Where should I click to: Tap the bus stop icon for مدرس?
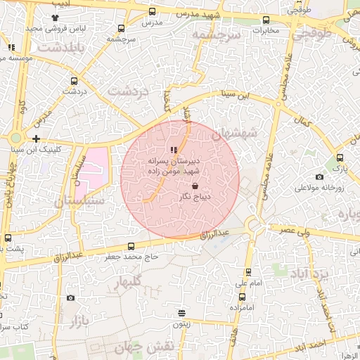click(x=153, y=12)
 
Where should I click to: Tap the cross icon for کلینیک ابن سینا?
click(x=36, y=138)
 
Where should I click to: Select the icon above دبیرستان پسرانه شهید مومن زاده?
click(x=174, y=150)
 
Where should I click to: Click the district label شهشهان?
click(x=234, y=132)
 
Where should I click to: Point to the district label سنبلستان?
click(x=78, y=202)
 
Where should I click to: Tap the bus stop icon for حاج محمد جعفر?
click(x=131, y=246)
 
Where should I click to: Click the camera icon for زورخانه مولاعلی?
click(x=320, y=176)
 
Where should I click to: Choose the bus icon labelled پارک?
click(x=340, y=157)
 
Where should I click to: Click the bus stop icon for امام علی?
click(x=248, y=271)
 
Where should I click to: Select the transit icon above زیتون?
click(x=181, y=314)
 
